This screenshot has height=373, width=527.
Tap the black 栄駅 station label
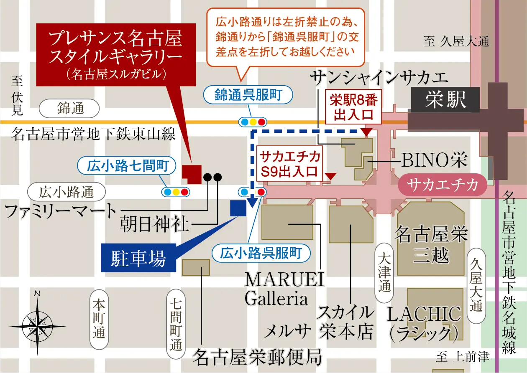(x=445, y=100)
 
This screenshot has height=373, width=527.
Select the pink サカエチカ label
(x=443, y=185)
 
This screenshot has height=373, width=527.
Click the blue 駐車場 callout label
(x=138, y=258)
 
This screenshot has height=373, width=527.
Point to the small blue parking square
(x=238, y=208)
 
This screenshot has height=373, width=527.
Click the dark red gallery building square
(x=192, y=173)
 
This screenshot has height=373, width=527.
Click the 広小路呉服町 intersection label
(x=261, y=253)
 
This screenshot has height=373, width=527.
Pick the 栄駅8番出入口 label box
(x=353, y=107)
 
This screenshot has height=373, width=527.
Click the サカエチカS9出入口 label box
(x=290, y=163)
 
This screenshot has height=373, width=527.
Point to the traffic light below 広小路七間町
(x=176, y=192)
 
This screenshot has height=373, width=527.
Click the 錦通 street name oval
(x=69, y=109)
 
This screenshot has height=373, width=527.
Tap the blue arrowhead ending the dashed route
(x=252, y=203)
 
